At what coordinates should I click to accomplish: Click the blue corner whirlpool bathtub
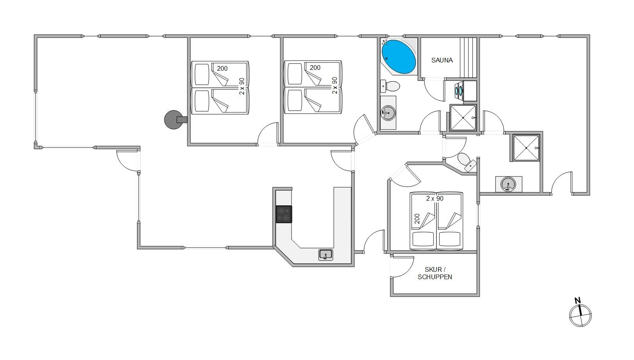(x=399, y=57)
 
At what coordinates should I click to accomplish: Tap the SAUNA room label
(x=442, y=60)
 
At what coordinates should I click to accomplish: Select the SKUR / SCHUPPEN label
(x=435, y=273)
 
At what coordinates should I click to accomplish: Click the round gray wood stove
(x=173, y=120)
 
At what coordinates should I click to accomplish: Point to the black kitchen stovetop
(x=283, y=214)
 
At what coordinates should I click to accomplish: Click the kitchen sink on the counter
(x=326, y=255)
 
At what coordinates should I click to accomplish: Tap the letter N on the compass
(x=577, y=300)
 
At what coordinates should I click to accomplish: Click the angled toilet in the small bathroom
(x=467, y=162)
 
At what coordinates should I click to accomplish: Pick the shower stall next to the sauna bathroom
(x=463, y=118)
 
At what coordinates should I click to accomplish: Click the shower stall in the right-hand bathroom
(x=526, y=148)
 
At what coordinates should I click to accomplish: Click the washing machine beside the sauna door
(x=459, y=91)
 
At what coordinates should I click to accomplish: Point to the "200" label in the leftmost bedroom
(x=222, y=68)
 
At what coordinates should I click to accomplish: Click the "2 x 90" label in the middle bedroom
(x=335, y=86)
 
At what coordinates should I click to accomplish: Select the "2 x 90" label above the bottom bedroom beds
(x=435, y=199)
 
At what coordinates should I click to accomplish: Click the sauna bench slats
(x=468, y=57)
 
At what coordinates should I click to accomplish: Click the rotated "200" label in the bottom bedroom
(x=417, y=219)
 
